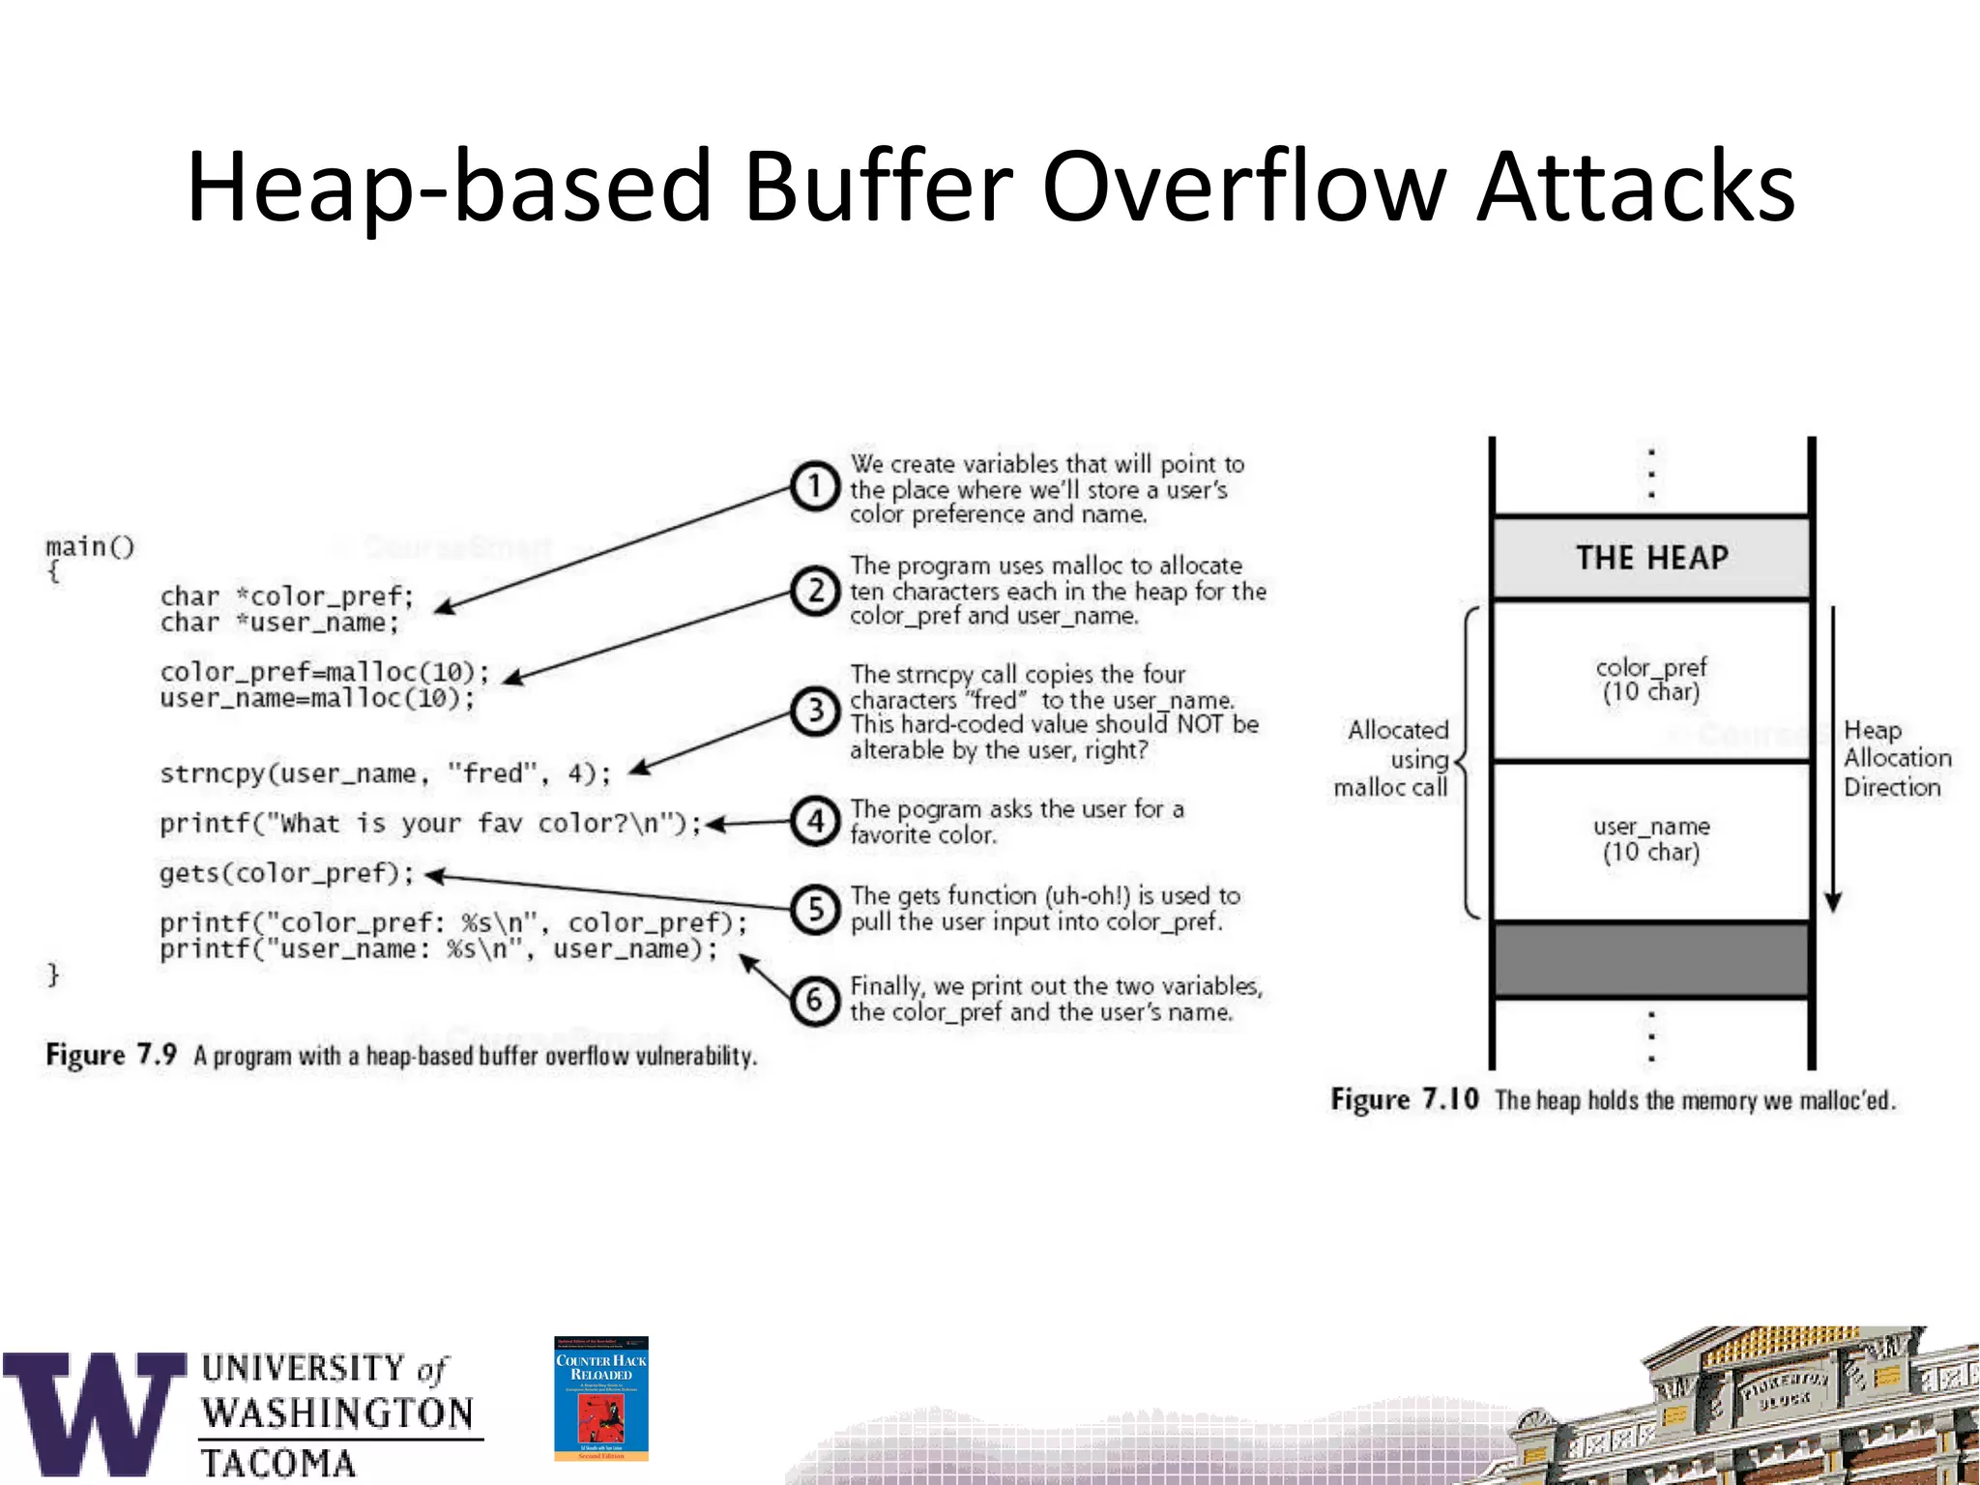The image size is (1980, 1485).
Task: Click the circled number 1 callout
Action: [x=815, y=486]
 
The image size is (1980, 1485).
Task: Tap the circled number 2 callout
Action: [x=815, y=591]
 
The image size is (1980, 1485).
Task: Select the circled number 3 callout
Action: [x=815, y=711]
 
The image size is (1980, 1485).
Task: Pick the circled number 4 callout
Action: [x=815, y=822]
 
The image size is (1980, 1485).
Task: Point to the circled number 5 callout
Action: [x=815, y=910]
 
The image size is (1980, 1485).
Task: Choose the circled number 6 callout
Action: [x=815, y=1001]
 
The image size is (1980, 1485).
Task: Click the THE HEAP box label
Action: [x=1651, y=558]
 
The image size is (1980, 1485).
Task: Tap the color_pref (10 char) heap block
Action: [x=1651, y=680]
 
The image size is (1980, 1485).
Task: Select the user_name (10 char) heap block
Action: [x=1651, y=839]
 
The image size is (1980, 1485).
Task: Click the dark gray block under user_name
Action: [x=1651, y=959]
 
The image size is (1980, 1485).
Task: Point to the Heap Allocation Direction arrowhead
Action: [x=1832, y=902]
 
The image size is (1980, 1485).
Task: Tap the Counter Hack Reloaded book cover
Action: [x=600, y=1398]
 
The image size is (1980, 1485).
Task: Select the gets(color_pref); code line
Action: [x=287, y=873]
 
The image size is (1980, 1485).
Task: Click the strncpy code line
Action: [x=385, y=773]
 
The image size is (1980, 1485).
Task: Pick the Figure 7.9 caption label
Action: [x=111, y=1055]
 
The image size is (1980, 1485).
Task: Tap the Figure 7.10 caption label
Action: [x=1404, y=1099]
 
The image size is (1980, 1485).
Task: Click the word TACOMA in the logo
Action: [x=278, y=1463]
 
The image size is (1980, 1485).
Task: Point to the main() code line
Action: [x=90, y=546]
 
